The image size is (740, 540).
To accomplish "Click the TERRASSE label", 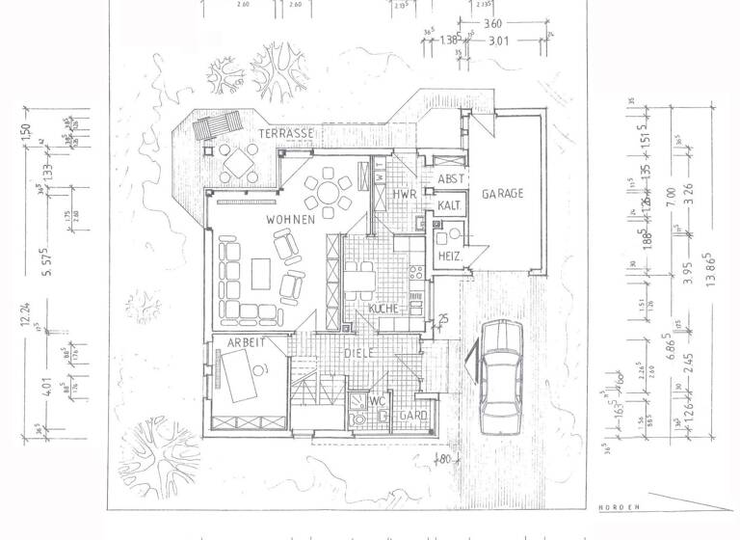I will point(287,133).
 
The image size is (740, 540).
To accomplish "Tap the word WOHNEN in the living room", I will point(291,220).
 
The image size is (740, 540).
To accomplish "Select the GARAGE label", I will point(502,194).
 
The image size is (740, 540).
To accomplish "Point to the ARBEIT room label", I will point(246,343).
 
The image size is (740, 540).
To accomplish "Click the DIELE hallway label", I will point(358,354).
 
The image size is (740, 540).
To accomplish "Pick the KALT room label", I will point(449,206).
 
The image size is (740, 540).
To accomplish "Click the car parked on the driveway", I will point(500,370).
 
